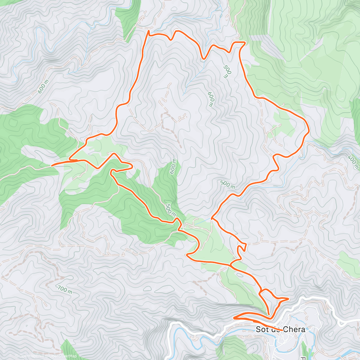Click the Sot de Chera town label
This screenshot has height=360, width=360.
280,329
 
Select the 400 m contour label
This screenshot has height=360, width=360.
353,162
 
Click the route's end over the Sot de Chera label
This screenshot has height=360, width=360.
281,330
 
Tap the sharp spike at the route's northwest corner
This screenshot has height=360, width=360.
148,31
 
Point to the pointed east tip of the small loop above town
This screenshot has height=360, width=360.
288,298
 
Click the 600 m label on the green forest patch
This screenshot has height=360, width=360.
172,166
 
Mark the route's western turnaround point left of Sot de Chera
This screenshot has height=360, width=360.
234,317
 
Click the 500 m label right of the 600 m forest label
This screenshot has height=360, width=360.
227,184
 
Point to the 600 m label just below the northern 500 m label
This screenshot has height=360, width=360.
211,99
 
